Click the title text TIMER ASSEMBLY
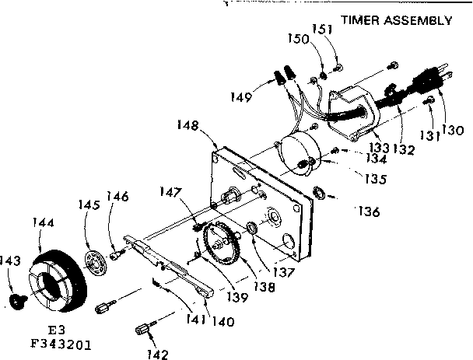pyautogui.click(x=395, y=21)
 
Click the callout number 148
pyautogui.click(x=187, y=124)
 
